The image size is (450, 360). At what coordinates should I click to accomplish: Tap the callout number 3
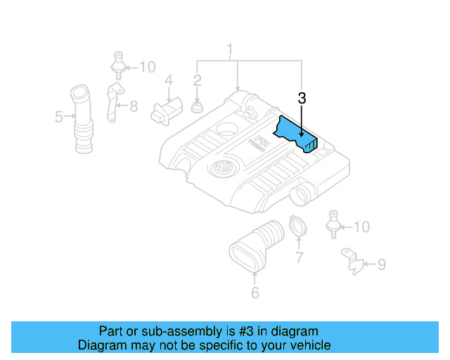coord(302,99)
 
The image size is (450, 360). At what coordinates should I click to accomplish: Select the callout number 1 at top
coord(229,50)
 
